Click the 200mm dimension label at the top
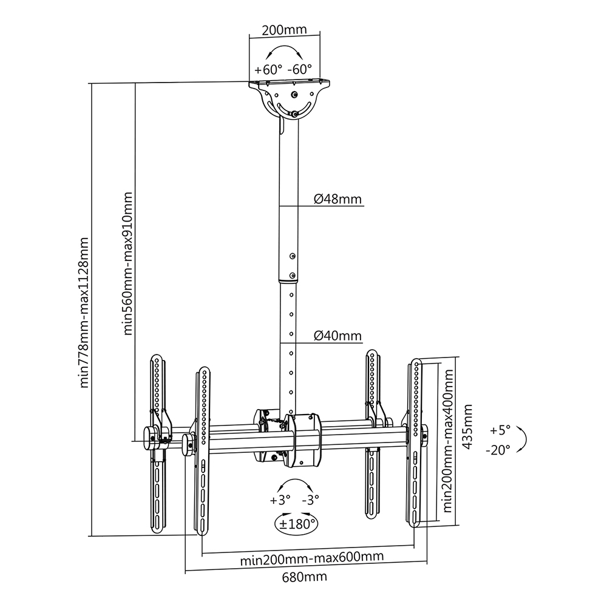point(284,30)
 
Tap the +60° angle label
point(268,70)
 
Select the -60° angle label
point(300,69)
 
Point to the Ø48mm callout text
point(337,199)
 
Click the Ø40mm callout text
point(337,335)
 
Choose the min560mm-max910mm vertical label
point(127,263)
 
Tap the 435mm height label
point(467,426)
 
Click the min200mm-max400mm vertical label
point(448,441)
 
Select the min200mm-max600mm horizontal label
point(312,558)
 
